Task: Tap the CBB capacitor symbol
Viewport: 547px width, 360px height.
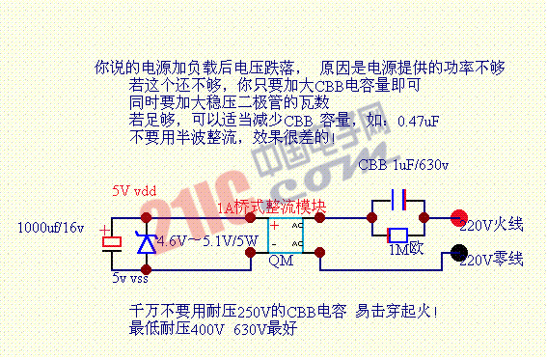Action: coord(397,201)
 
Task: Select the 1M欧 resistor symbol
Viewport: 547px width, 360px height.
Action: coord(397,235)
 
